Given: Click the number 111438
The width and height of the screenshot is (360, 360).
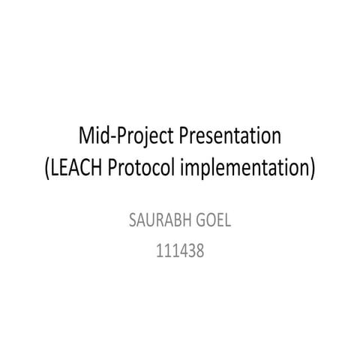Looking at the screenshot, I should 179,250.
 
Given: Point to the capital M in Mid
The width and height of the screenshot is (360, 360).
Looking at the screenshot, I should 87,136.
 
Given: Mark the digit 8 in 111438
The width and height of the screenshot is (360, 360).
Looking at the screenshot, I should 199,250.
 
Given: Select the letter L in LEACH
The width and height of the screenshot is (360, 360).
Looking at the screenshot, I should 57,167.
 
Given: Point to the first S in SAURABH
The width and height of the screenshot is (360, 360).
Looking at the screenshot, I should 132,222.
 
